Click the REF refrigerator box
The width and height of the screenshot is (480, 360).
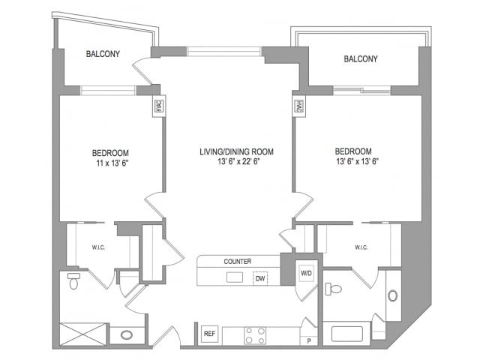click(x=210, y=334)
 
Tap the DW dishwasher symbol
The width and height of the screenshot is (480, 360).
click(x=260, y=278)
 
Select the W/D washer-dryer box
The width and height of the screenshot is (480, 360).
click(x=307, y=273)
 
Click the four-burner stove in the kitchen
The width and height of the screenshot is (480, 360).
click(x=255, y=335)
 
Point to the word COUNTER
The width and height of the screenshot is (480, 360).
click(x=238, y=262)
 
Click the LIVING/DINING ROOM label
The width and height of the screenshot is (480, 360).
click(x=237, y=151)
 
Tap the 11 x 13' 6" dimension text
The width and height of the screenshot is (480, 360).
click(x=112, y=163)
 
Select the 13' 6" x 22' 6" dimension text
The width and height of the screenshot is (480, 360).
click(x=238, y=161)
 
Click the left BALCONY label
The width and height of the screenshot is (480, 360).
click(x=103, y=54)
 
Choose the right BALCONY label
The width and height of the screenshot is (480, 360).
click(x=361, y=58)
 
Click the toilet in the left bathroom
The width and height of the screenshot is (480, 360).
click(x=73, y=281)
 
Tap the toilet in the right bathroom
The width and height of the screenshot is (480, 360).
click(x=333, y=289)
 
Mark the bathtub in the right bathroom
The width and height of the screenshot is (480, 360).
click(x=346, y=334)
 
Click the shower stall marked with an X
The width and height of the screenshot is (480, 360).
click(x=82, y=334)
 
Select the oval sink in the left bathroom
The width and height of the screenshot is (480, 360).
click(x=127, y=335)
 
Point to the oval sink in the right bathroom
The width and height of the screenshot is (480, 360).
click(x=393, y=296)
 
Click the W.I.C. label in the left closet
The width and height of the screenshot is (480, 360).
click(x=98, y=247)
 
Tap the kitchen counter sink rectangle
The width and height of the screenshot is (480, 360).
click(x=235, y=277)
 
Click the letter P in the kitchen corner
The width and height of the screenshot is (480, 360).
click(x=309, y=340)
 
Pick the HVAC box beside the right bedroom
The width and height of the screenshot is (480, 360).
click(x=298, y=106)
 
